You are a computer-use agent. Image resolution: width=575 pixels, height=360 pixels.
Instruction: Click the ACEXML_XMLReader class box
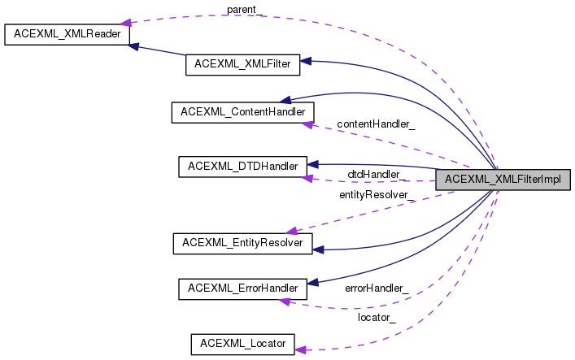[x=67, y=36]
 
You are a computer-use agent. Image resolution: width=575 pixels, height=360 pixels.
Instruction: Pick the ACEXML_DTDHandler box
[x=242, y=167]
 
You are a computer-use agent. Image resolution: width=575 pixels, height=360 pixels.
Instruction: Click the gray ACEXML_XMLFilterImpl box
[x=503, y=180]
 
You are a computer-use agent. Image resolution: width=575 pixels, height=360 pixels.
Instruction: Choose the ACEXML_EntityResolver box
[x=243, y=242]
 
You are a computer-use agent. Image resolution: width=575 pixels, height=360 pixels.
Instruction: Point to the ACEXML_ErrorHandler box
[x=242, y=288]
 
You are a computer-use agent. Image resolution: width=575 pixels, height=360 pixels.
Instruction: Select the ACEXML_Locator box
[x=242, y=344]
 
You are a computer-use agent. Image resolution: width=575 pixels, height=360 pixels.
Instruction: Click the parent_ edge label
[x=243, y=10]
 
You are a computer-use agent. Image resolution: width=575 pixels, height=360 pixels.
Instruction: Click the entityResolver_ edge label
[x=377, y=195]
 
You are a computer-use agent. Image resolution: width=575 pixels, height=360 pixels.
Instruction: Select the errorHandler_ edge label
[x=377, y=288]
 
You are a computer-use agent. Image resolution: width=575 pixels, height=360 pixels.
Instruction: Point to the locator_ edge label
[x=377, y=317]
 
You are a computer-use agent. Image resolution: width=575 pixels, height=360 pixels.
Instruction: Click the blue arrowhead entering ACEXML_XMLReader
[x=135, y=46]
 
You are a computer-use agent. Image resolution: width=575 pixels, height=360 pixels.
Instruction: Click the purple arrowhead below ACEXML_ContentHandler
[x=307, y=123]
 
